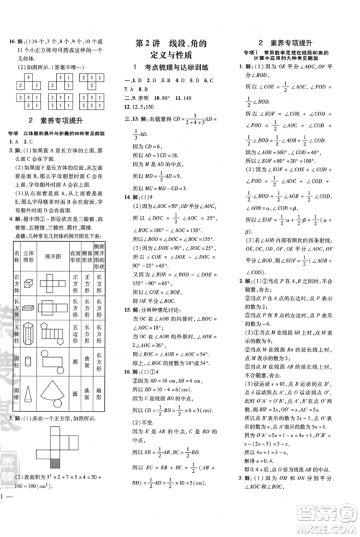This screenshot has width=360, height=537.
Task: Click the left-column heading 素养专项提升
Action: coord(58,119)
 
